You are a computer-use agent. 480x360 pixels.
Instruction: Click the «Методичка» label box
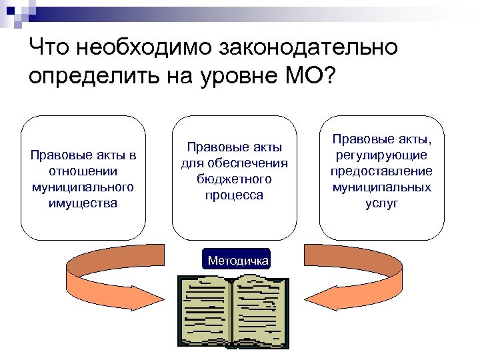click(238, 260)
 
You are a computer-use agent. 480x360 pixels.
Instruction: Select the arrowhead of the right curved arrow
click(333, 297)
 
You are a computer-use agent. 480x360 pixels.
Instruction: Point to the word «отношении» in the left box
click(83, 171)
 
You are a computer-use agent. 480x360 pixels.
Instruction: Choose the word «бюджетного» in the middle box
click(234, 179)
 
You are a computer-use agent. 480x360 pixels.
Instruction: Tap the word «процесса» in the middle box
click(234, 195)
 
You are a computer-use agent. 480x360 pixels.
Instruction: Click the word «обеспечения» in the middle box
click(234, 163)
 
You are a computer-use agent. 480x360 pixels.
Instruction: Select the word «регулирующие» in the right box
click(382, 155)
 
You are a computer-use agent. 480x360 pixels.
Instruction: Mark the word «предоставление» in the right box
click(382, 171)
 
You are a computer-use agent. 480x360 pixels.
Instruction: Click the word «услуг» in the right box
click(382, 203)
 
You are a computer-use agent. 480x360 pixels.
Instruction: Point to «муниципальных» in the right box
click(382, 187)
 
